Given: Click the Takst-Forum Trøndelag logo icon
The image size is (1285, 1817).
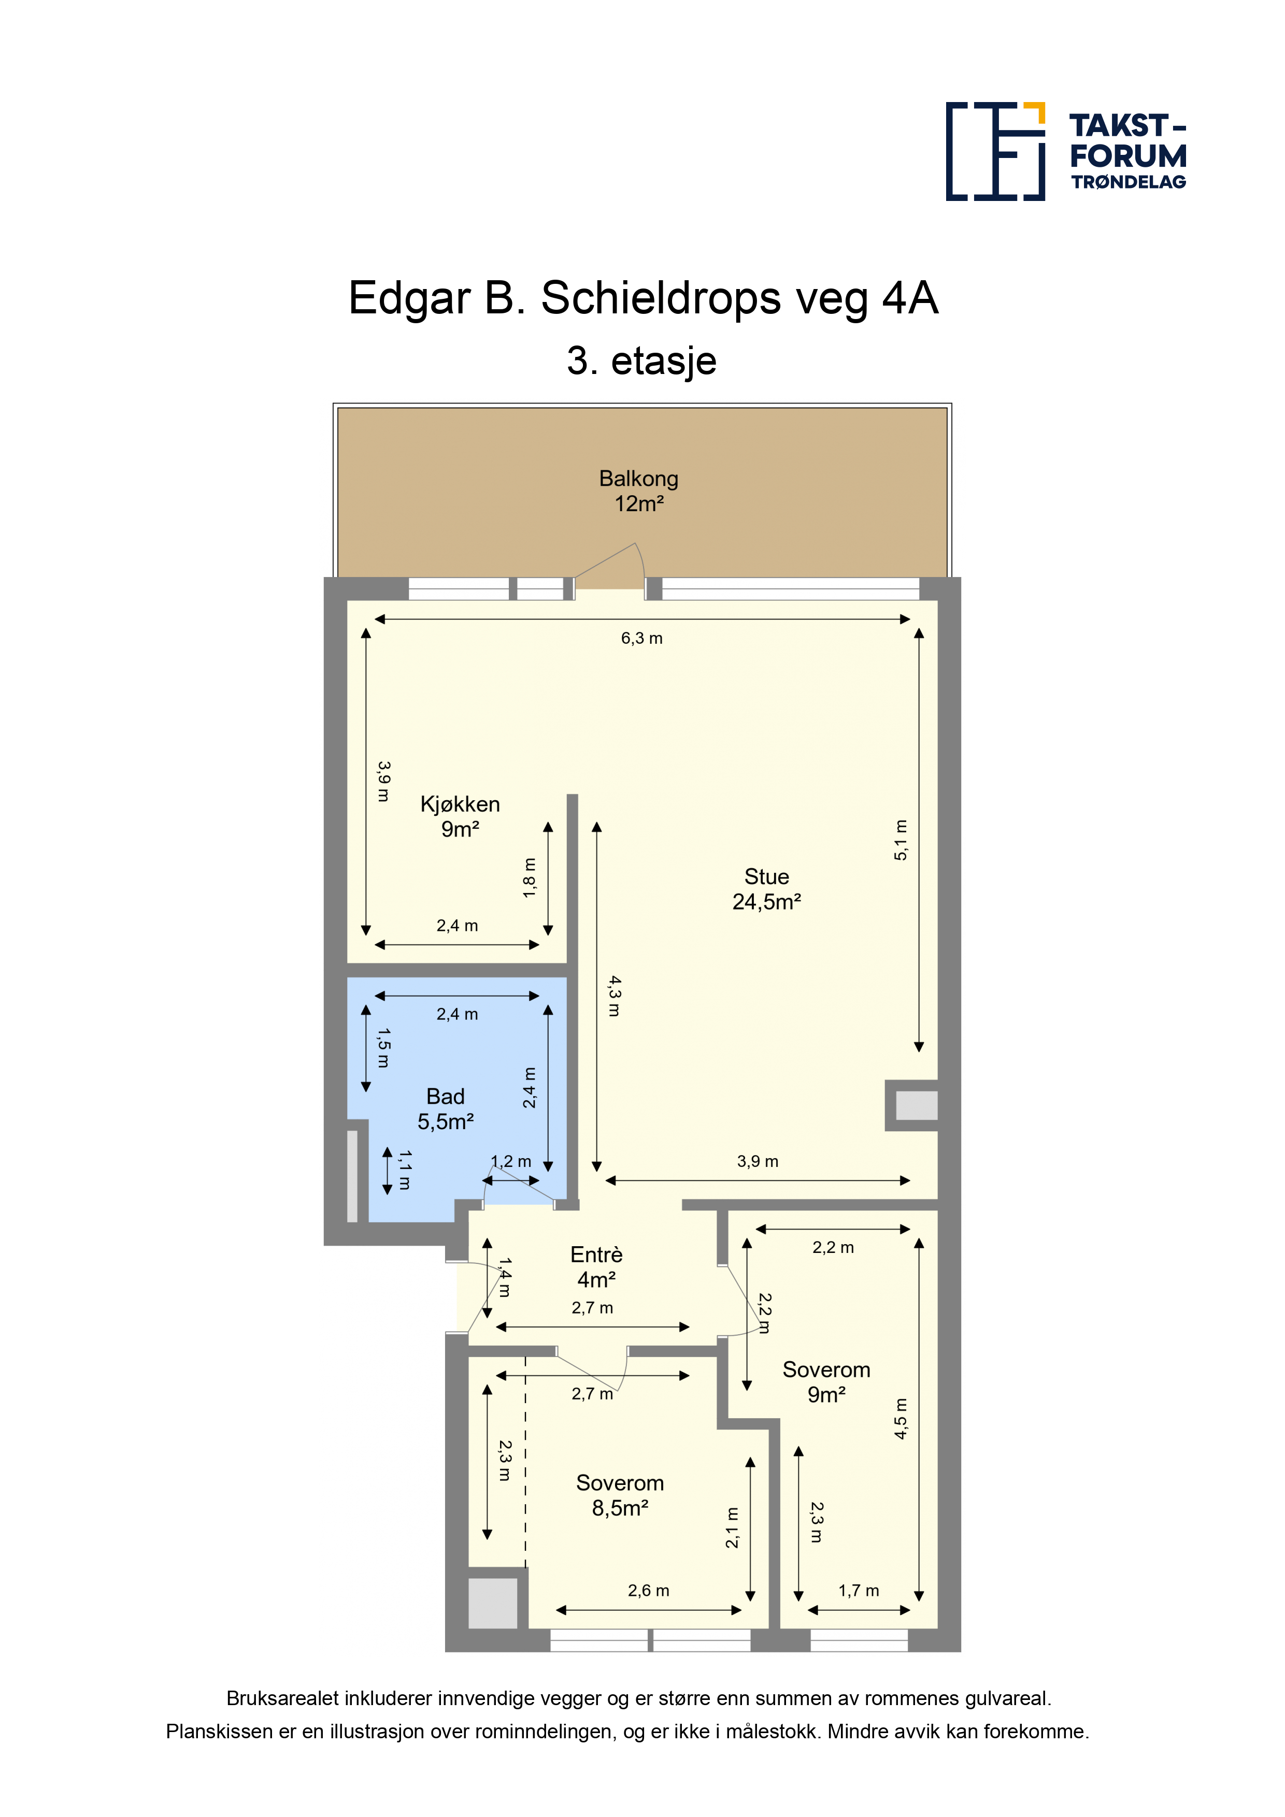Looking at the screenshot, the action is coord(995,151).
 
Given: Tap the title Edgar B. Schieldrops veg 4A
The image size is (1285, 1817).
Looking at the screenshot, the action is coord(643,298).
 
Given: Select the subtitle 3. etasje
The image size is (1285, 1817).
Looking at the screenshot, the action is coord(641,361).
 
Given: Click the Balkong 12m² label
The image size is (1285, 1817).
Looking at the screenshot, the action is coord(639,491).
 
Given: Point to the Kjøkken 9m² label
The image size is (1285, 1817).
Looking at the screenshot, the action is coord(460,817).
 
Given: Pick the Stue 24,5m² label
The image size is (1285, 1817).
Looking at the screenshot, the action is coord(766,889).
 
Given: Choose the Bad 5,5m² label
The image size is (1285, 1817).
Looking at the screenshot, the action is coord(446,1109).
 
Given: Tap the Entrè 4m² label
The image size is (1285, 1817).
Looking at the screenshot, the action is coord(596,1267).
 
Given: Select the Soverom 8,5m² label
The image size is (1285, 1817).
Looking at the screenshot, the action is coord(620,1495).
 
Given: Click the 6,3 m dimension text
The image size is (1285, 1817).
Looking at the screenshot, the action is coord(641,638).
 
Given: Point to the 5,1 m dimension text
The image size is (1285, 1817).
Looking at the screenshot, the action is coord(901,840).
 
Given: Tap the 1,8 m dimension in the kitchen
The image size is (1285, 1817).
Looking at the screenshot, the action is coord(529,877).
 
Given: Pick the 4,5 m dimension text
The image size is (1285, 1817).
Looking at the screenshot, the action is coord(901,1418).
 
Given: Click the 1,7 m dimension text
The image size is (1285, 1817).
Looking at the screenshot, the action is coord(859,1591).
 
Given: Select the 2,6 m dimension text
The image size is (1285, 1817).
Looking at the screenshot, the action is coord(648,1591).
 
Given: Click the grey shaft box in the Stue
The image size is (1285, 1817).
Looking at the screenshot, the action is coord(916,1105).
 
